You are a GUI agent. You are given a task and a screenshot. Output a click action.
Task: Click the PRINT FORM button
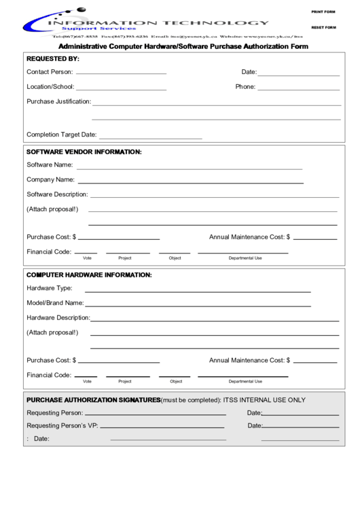tap(323, 12)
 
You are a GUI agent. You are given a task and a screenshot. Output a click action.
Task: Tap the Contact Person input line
tap(122, 71)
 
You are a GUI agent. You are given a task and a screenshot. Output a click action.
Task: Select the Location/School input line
tap(122, 88)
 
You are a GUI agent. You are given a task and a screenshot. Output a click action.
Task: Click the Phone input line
tap(298, 88)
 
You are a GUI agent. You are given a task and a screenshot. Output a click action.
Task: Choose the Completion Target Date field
tap(151, 136)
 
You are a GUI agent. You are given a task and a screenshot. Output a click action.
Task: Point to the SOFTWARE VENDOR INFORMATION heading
tap(84, 152)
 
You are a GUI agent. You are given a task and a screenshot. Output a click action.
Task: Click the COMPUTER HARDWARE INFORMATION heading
tap(89, 275)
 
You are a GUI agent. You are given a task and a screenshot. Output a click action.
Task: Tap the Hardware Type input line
tap(198, 289)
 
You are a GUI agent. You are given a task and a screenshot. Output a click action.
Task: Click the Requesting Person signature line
tap(156, 414)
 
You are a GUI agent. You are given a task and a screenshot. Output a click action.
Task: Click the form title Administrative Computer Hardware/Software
tap(183, 47)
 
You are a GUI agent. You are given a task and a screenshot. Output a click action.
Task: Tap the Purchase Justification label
tap(58, 102)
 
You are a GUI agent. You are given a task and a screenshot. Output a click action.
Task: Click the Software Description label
tap(58, 195)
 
